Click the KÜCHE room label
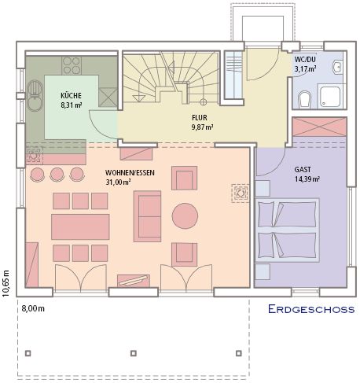tap(71, 95)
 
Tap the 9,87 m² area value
tap(202, 127)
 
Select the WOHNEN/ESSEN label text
tap(130, 173)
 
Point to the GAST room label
tap(303, 170)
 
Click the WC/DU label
tap(305, 59)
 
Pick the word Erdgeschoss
tap(311, 309)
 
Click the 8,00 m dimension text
tap(33, 308)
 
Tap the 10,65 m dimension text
tap(6, 283)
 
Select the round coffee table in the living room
tap(185, 216)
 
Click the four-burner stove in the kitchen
tap(72, 65)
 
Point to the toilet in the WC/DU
tap(304, 99)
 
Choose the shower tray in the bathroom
tap(330, 96)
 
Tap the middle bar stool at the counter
tap(57, 175)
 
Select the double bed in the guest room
tap(288, 230)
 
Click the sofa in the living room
tap(147, 216)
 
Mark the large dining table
tap(80, 226)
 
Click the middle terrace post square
tap(134, 353)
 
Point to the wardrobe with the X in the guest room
tap(320, 127)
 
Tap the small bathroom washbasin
tap(337, 67)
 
